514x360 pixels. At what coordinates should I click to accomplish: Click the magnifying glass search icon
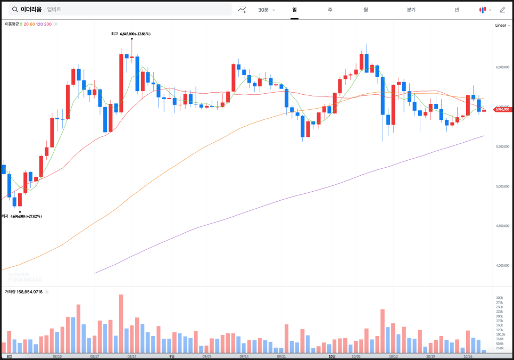click(14, 10)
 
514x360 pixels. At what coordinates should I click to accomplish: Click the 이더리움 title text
click(31, 10)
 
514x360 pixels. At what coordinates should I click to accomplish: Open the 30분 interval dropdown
click(267, 10)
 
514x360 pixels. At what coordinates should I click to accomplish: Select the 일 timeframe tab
click(294, 10)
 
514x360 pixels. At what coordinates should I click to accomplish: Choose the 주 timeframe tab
click(330, 10)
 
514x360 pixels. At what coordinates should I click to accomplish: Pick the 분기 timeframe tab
click(411, 10)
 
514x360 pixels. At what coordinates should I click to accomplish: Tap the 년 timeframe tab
click(457, 10)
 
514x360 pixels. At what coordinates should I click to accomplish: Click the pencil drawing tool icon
click(502, 10)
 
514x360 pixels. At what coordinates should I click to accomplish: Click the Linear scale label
click(501, 25)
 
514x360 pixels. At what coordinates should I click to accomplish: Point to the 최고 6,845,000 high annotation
click(131, 34)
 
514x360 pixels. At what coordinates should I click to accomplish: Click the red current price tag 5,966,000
click(502, 110)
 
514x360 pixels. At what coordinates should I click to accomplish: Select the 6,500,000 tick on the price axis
click(503, 68)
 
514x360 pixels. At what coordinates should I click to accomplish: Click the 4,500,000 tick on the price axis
click(503, 226)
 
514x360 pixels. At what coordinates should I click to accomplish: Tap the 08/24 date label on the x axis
click(131, 356)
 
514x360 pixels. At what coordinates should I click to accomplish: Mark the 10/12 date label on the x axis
click(393, 356)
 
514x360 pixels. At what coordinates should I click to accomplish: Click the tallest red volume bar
click(121, 323)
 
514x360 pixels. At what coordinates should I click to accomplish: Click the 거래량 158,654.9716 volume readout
click(24, 292)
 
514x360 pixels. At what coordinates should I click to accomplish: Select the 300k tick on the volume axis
click(500, 298)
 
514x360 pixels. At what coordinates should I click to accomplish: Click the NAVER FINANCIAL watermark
click(25, 277)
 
